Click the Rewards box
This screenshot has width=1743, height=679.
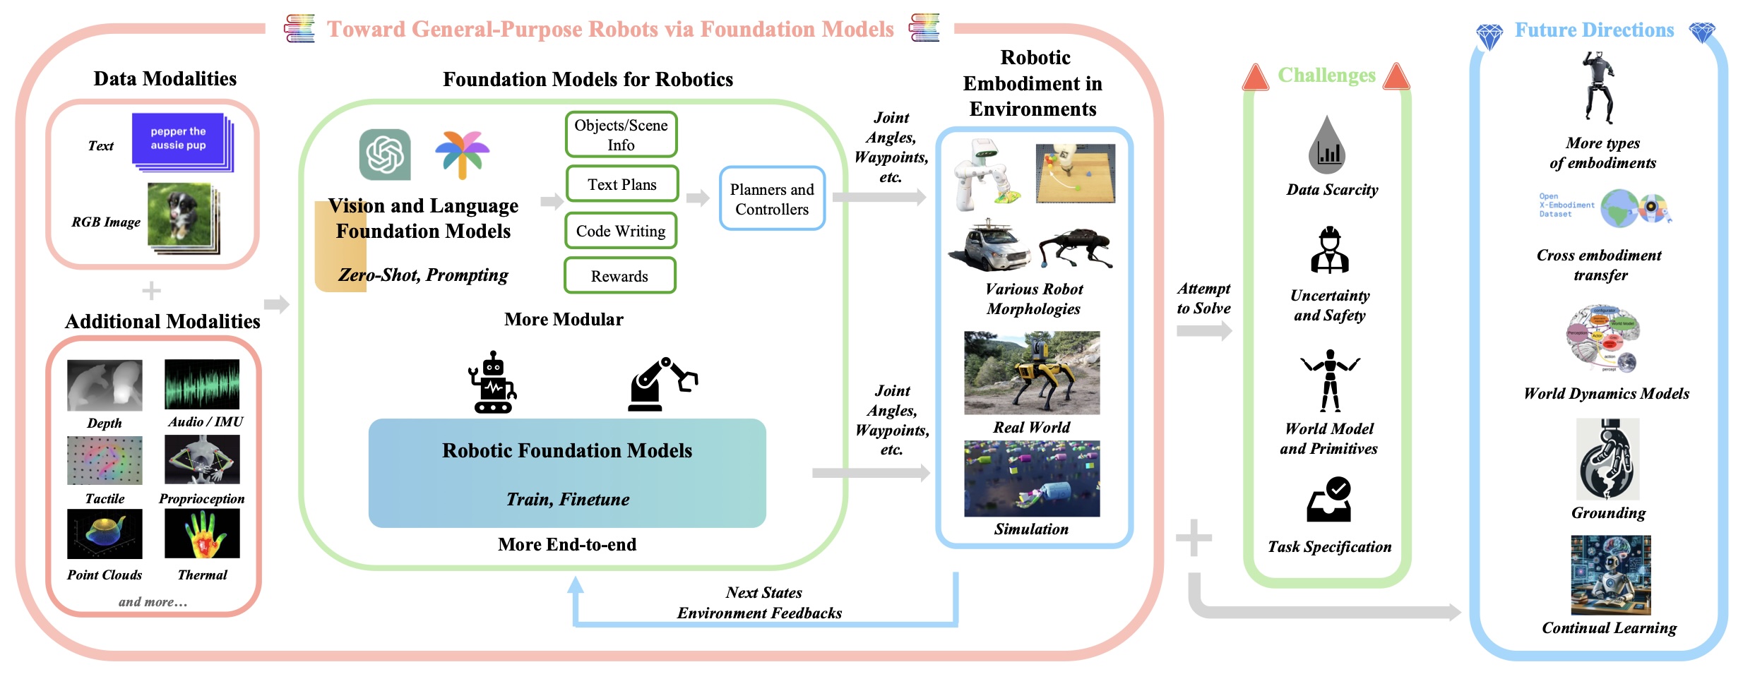(619, 275)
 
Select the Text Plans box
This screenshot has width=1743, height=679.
(621, 184)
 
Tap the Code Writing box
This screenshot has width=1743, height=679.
(620, 231)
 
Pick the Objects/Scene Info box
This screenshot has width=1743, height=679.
(621, 134)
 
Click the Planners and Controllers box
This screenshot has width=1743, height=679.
(772, 198)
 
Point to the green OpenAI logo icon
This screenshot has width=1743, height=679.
(385, 154)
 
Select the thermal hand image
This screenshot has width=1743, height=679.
(202, 534)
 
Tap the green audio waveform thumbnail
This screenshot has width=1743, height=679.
(202, 384)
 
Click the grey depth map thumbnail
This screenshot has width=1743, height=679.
(105, 385)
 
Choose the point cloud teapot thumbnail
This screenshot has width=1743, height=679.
(105, 534)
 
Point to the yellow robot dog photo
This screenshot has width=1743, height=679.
(1032, 373)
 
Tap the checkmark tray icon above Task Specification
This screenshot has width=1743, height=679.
(1328, 500)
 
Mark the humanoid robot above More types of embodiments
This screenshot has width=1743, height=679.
(1599, 87)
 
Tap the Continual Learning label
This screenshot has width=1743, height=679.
(1609, 627)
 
